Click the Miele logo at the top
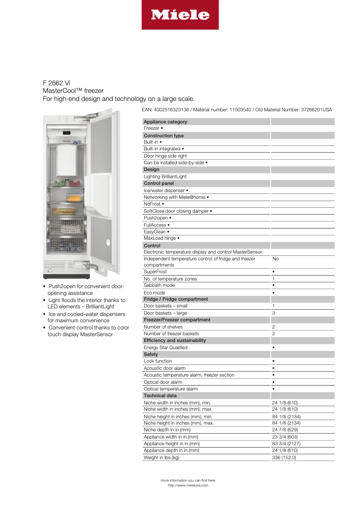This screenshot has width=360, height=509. click(180, 15)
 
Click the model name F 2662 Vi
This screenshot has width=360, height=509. click(57, 83)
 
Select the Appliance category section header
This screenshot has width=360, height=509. click(165, 122)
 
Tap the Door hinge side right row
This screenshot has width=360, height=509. click(165, 156)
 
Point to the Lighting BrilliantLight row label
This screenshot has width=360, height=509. click(165, 176)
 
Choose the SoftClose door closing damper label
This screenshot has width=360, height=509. click(178, 211)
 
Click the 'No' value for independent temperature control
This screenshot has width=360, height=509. click(275, 259)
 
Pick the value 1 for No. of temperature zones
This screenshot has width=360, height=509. click(273, 279)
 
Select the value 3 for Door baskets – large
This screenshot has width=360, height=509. click(273, 313)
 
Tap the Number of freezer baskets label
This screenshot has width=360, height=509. click(171, 333)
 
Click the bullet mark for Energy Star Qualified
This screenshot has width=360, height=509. click(273, 347)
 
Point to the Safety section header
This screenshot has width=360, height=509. click(151, 354)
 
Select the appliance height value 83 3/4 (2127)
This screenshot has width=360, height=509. click(286, 443)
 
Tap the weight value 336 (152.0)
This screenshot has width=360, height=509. click(284, 457)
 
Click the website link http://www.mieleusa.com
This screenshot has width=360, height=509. click(188, 485)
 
